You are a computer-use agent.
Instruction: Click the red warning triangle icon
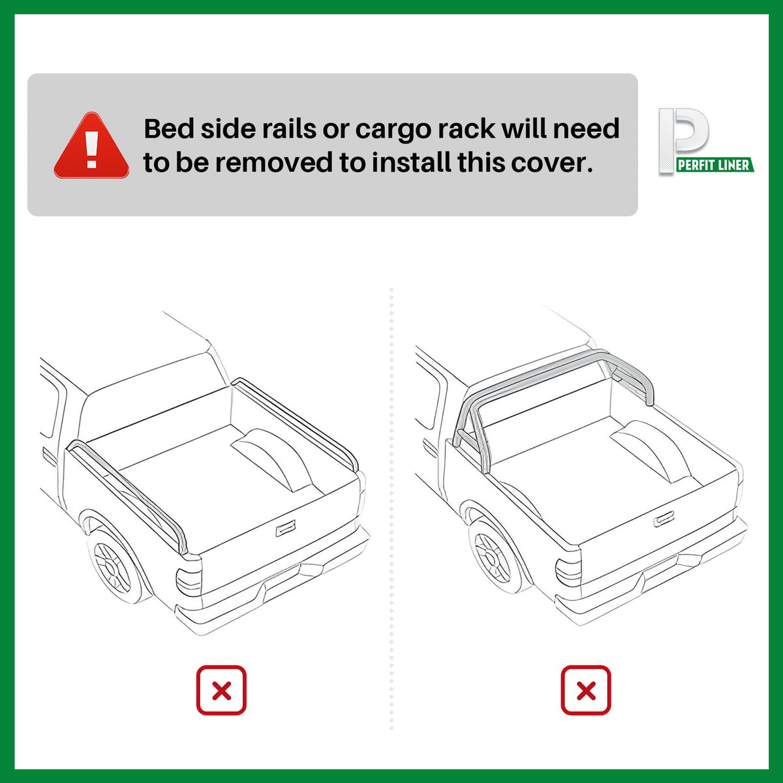91,146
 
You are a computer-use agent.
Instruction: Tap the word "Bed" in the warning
168,129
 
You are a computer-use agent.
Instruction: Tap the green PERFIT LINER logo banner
714,164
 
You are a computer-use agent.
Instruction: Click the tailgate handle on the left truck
286,529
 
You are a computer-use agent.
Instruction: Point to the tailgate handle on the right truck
664,519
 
